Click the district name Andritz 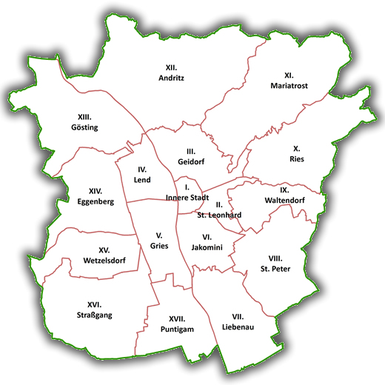[175, 78]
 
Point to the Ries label [297, 158]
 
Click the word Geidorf [190, 161]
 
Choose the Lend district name [142, 180]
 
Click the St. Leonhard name [219, 215]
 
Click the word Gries [158, 246]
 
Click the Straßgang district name [94, 315]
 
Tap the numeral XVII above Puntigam [176, 318]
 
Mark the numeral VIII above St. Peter [276, 258]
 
